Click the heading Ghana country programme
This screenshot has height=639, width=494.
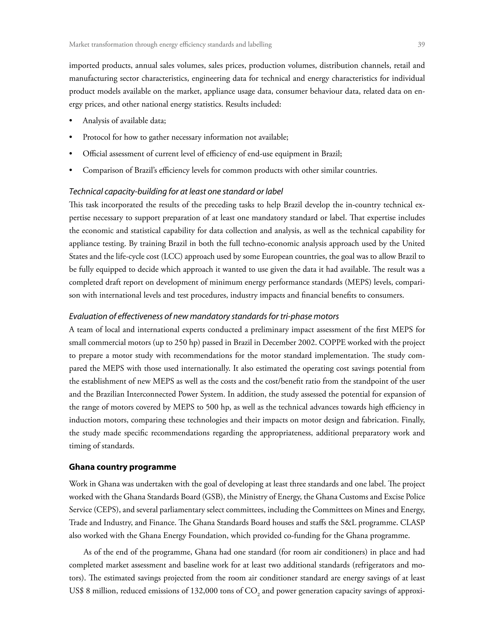click(x=122, y=467)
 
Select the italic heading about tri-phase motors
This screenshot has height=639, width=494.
click(x=204, y=316)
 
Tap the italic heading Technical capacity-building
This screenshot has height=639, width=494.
click(x=176, y=192)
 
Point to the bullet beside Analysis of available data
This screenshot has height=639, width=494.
click(x=70, y=121)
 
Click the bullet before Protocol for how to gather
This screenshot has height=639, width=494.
click(x=70, y=137)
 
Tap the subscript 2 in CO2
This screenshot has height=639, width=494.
click(x=258, y=594)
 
